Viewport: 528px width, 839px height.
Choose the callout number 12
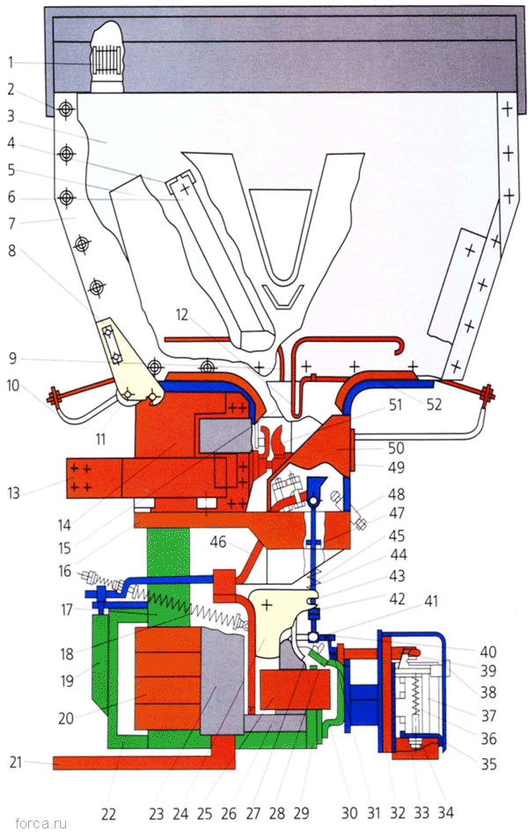(182, 312)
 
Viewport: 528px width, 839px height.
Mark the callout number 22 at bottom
(108, 813)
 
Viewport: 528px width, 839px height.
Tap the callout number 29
(301, 813)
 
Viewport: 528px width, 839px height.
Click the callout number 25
(204, 813)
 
